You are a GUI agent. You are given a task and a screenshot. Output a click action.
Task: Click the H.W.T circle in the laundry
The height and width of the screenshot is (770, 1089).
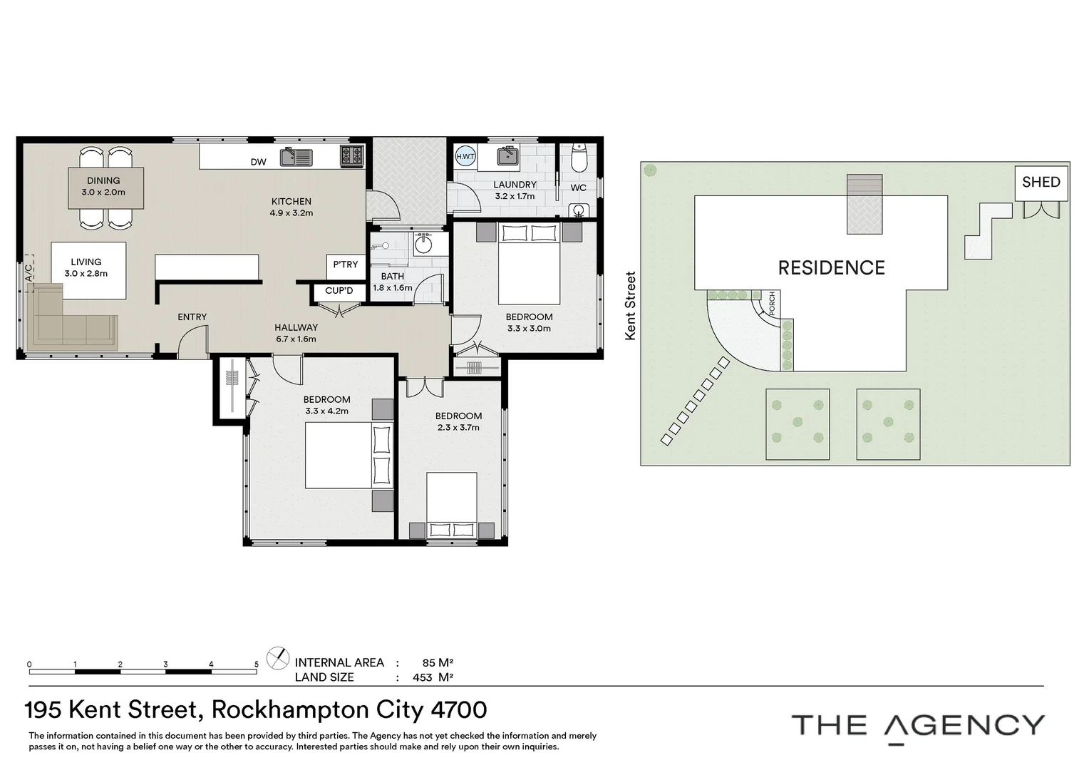(465, 156)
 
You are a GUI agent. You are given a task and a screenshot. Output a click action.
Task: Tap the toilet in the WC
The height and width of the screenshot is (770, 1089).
(578, 158)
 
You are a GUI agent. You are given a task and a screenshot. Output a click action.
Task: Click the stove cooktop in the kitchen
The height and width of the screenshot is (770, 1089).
(352, 155)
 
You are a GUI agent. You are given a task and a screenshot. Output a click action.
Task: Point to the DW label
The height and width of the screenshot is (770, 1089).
(258, 162)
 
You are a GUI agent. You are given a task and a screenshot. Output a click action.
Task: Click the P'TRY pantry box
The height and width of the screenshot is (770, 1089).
(346, 265)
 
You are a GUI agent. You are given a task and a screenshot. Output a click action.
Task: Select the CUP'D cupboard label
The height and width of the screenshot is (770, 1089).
(339, 291)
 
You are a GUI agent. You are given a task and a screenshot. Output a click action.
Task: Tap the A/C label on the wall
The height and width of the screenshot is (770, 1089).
(29, 273)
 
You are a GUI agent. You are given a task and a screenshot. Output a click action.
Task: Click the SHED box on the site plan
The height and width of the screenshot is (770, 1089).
(1041, 183)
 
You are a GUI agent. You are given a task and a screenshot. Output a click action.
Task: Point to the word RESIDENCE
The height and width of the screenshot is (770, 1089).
(831, 268)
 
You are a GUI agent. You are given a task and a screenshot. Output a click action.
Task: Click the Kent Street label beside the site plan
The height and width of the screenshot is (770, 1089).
(630, 306)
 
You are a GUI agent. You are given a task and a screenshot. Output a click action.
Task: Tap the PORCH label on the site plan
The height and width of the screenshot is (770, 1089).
(772, 304)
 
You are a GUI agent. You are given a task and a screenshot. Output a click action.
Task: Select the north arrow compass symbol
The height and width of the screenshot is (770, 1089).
(277, 658)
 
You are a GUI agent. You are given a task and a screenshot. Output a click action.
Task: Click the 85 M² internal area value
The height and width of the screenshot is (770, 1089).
(438, 662)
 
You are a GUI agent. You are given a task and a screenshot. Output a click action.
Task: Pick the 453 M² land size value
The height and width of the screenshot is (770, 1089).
(433, 677)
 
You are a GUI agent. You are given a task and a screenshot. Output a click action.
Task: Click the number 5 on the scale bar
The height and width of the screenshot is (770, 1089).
(257, 664)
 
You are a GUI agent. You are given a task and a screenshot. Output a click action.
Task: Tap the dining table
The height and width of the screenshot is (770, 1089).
(105, 188)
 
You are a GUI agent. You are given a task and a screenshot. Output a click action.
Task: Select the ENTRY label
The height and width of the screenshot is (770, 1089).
(192, 317)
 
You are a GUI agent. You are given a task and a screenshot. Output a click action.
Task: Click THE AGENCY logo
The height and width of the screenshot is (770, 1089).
(917, 726)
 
